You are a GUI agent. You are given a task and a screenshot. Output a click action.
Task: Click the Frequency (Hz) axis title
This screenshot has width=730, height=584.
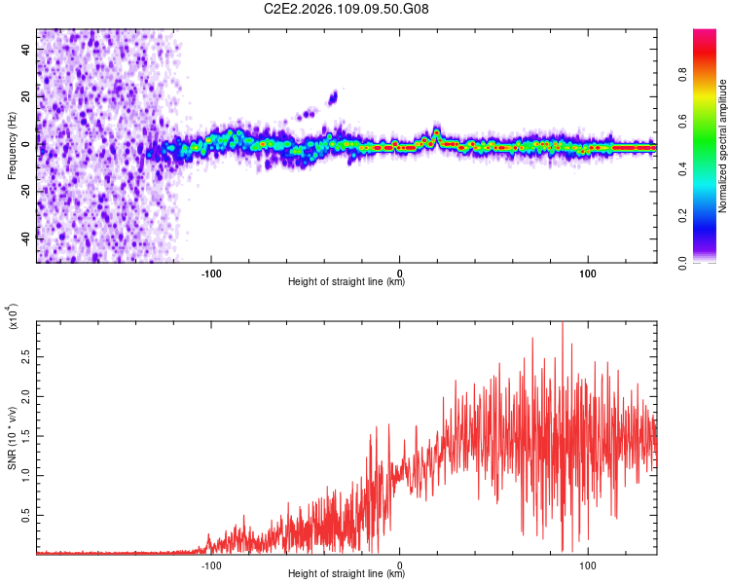(12, 146)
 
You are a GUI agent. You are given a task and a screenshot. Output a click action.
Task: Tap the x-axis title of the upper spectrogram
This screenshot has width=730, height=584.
(347, 282)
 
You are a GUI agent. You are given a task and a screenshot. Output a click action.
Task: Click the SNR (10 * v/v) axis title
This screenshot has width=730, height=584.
(12, 438)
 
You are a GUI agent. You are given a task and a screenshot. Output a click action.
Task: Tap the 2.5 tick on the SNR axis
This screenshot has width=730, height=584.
(24, 358)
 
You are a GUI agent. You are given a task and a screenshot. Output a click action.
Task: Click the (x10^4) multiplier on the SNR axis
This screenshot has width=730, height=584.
(13, 317)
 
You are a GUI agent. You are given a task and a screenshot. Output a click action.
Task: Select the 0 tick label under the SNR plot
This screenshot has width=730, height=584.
(400, 563)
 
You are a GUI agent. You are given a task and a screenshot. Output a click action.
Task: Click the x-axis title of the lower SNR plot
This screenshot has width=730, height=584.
(347, 574)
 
